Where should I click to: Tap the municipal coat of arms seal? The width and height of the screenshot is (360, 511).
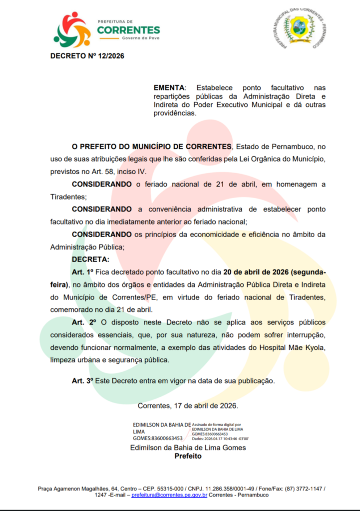300,29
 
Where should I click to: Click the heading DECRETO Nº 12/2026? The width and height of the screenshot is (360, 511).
87,56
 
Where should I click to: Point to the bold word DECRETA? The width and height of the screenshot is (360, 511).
90,259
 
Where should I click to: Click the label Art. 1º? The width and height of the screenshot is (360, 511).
83,272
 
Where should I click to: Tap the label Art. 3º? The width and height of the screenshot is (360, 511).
83,381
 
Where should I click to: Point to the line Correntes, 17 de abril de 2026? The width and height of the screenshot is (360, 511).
188,406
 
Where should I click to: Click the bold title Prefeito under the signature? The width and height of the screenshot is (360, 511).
188,456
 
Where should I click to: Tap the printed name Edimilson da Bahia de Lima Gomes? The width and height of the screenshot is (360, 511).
188,448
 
